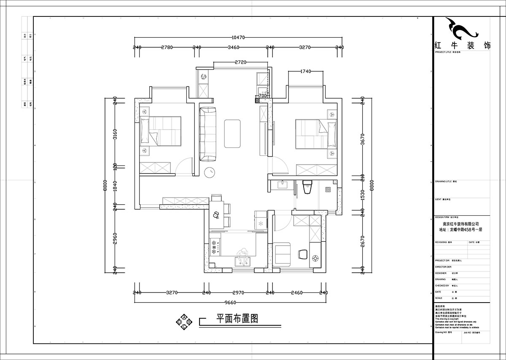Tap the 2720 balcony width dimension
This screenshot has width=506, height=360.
[x=240, y=62]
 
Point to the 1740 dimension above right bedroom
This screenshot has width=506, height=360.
[x=305, y=71]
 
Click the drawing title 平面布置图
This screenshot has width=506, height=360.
[x=237, y=319]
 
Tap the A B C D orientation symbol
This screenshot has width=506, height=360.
[x=184, y=322]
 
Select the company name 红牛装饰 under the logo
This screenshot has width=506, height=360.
[x=462, y=46]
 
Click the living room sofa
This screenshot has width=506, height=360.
[x=207, y=134]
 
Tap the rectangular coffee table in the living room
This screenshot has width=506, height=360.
[x=232, y=133]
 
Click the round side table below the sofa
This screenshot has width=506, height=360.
[x=210, y=172]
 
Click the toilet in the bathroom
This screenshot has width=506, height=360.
[x=307, y=187]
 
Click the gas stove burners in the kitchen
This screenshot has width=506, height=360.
[x=214, y=247]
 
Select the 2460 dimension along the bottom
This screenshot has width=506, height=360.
[x=297, y=292]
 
